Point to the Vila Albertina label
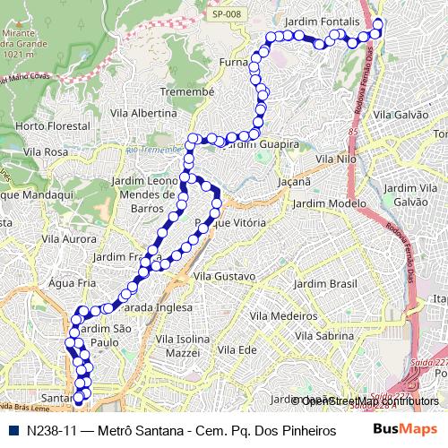coord(143,114)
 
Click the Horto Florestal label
coord(53,126)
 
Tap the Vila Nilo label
coord(337,159)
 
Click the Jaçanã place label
coord(294,181)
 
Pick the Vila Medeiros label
coord(284,316)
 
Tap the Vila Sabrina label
coord(325,336)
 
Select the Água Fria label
coord(72,282)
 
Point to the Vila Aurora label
coord(68,239)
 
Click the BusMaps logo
coord(406,429)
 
